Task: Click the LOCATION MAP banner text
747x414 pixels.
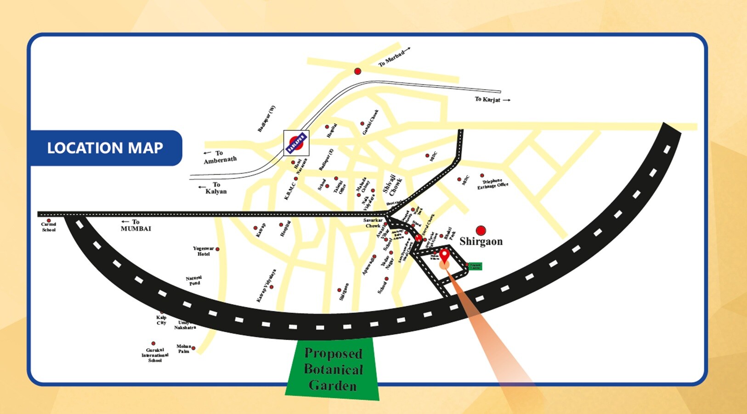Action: (105, 148)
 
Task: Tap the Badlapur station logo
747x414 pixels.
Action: (296, 143)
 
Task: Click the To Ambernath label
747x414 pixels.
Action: (220, 157)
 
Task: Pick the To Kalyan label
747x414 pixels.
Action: (215, 188)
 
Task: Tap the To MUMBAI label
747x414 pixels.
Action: (136, 225)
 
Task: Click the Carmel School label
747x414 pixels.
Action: (49, 227)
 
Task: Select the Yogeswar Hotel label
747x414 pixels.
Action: (203, 251)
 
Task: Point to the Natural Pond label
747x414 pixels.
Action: (194, 281)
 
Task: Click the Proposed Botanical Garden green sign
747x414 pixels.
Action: (333, 369)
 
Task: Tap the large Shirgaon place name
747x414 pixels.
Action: (481, 241)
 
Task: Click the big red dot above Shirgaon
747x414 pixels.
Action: (481, 230)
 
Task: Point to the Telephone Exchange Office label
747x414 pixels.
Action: (492, 184)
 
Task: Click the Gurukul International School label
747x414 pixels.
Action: (155, 355)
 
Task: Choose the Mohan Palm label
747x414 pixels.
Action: (184, 349)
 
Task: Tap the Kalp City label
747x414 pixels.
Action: (161, 320)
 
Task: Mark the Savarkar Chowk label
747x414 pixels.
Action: (373, 223)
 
